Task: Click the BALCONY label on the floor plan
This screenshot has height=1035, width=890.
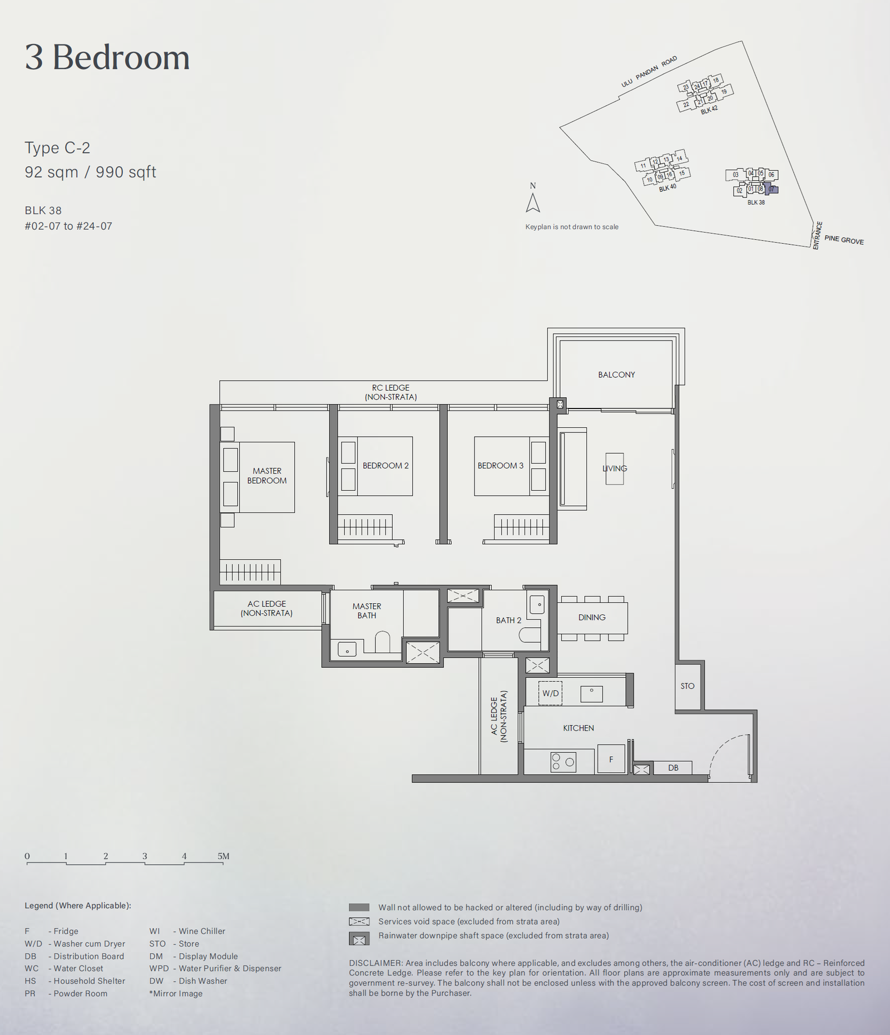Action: (616, 375)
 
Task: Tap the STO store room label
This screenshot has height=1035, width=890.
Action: (688, 686)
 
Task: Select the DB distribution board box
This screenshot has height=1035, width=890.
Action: (673, 768)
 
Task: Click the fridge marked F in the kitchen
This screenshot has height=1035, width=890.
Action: (611, 759)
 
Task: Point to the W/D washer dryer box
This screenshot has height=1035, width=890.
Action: (550, 693)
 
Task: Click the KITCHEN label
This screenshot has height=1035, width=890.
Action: (578, 728)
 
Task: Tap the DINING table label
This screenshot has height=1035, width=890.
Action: (592, 618)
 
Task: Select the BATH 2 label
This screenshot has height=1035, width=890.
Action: (509, 620)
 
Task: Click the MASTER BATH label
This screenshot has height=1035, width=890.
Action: (367, 611)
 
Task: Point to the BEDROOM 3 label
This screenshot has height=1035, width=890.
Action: (501, 466)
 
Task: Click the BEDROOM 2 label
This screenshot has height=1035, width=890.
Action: (385, 466)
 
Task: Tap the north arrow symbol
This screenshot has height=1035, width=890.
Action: (533, 203)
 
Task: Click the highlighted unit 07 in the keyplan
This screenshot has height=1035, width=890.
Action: (772, 190)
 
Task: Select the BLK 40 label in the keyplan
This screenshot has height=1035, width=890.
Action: (667, 188)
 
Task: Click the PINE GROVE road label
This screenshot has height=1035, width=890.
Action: (844, 240)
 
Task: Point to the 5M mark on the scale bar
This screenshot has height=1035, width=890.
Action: (224, 856)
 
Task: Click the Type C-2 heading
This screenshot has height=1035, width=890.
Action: (57, 148)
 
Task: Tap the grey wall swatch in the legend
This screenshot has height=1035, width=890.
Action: (359, 908)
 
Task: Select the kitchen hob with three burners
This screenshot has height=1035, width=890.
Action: (563, 762)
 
